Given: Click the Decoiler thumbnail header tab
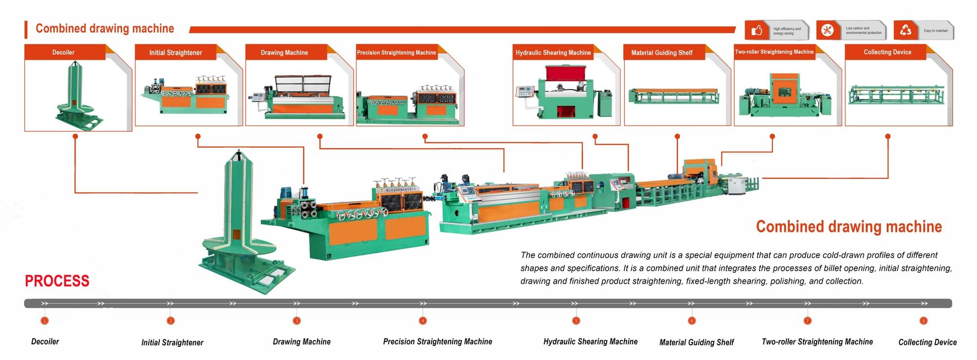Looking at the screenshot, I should pos(64,52).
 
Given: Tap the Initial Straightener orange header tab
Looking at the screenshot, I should pos(175,52).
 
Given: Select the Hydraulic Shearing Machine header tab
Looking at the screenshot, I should pos(553,52).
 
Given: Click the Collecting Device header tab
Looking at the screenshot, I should pos(887,52).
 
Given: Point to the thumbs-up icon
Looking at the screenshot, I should pos(757,30).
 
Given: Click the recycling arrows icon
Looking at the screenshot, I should pos(905,30).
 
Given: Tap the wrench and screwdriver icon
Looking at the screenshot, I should pos(827,30).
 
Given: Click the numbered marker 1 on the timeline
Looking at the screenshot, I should pos(44,321).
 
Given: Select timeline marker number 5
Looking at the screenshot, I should pos(576,321).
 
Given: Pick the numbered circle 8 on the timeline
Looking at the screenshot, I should pos(923,321).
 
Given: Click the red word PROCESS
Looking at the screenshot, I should pos(57,281).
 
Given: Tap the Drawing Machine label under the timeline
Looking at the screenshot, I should pos(301,342).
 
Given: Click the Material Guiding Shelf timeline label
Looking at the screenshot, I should pos(697,342).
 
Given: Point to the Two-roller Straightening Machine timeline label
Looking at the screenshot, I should pos(817,342).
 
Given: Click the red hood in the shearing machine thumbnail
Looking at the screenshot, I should pos(565,73).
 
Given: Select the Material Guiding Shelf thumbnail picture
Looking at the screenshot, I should pos(674,96).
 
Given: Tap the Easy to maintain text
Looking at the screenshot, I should pos(935,31).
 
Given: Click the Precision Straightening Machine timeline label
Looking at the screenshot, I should pos(437,342).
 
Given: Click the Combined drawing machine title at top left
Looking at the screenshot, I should pos(105,28).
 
